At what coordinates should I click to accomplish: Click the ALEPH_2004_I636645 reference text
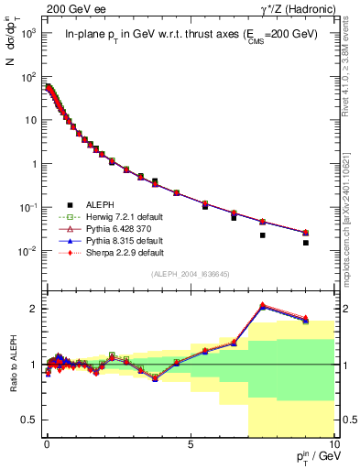189,274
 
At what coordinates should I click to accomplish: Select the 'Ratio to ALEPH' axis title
13,365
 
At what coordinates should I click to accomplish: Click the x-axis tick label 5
190,442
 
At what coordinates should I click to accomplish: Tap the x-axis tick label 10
333,442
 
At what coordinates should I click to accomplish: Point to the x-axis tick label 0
47,442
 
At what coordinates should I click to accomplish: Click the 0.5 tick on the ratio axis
29,420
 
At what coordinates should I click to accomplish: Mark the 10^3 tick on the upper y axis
27,33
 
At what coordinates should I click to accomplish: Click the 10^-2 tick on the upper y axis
27,251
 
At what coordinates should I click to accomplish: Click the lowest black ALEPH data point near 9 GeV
306,243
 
